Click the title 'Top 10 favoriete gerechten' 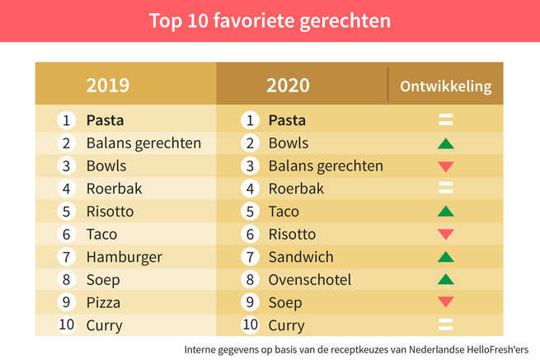point(270,20)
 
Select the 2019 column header point(108,85)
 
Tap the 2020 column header point(289,85)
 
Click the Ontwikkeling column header point(445,86)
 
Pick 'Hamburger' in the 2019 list point(124,257)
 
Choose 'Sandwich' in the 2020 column point(301,257)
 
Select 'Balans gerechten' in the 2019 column point(143,143)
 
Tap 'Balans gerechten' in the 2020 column point(326,166)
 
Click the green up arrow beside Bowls point(446,143)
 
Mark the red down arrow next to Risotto point(446,235)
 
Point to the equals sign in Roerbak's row point(446,189)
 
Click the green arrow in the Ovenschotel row point(446,280)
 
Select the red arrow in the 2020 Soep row point(446,303)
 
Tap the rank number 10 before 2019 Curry point(66,325)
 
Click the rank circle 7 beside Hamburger point(67,257)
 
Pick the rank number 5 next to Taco point(249,212)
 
